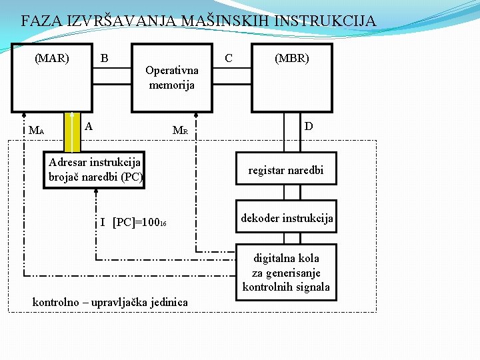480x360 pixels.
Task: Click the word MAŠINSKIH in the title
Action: coord(221,21)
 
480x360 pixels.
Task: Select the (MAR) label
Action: coord(52,58)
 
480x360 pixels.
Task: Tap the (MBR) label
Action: coord(292,58)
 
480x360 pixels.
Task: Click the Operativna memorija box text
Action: coord(172,77)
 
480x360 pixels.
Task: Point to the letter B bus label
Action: coord(104,58)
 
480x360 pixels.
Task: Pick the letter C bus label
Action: coord(229,58)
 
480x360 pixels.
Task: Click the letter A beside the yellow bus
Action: coord(89,125)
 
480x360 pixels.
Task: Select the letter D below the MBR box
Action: coord(309,126)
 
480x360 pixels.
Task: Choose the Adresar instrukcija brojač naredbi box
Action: coord(95,170)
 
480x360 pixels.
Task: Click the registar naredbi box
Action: coord(286,171)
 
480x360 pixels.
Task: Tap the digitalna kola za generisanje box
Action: coord(286,272)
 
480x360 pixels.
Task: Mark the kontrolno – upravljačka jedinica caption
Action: coord(110,303)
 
